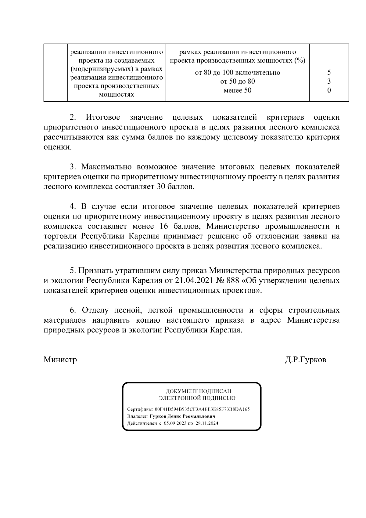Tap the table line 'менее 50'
[237, 90]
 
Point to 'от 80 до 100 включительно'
[237, 73]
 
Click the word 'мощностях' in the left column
[117, 95]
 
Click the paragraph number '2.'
[73, 118]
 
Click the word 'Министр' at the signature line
[60, 360]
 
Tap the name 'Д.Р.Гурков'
[305, 360]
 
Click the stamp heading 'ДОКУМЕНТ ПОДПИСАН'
[198, 391]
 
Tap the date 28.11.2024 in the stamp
[207, 423]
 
